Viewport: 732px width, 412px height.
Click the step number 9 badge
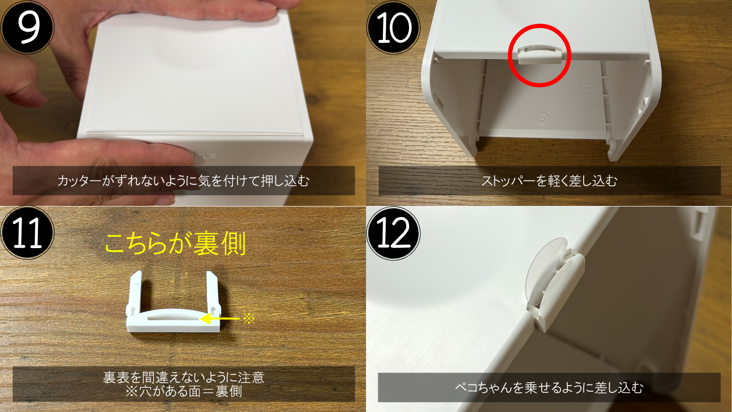[x=27, y=27]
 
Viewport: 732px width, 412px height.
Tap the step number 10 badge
[x=393, y=27]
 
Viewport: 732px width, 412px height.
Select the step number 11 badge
[x=27, y=233]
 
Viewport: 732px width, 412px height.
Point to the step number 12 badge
[x=393, y=233]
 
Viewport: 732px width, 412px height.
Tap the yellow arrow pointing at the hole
[x=220, y=319]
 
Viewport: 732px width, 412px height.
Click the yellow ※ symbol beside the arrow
[x=249, y=318]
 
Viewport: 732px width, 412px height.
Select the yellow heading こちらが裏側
[x=176, y=244]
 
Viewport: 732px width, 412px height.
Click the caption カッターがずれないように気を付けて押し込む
[x=183, y=181]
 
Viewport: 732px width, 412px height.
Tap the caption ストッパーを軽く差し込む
[x=549, y=181]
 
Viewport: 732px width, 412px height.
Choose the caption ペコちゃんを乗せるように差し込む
[x=549, y=388]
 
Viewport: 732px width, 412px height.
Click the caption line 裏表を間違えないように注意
[x=183, y=377]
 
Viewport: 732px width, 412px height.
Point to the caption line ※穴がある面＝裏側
[x=183, y=391]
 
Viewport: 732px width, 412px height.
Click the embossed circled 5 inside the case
[x=543, y=118]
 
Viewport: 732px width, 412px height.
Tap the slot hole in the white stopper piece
[x=173, y=317]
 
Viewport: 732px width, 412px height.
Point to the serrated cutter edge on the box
[x=194, y=133]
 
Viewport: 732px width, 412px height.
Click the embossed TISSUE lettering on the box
[x=203, y=156]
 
